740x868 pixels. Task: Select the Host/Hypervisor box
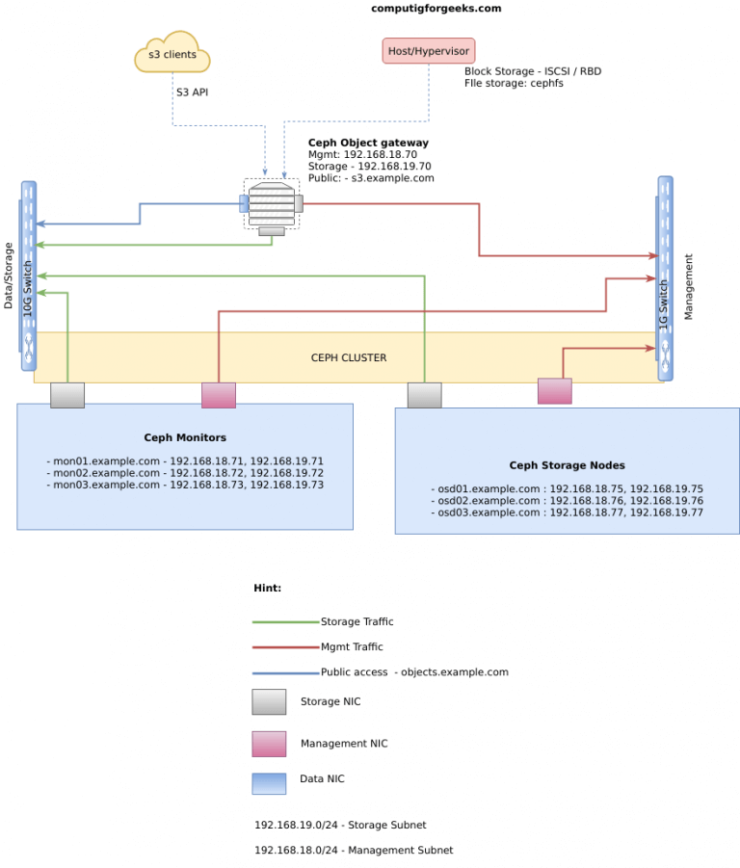coord(428,50)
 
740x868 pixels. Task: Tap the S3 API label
coord(192,92)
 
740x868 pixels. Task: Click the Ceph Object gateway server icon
coord(271,203)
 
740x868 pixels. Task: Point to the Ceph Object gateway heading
coord(368,143)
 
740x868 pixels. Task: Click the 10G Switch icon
coord(28,276)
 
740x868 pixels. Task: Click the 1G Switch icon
coord(665,277)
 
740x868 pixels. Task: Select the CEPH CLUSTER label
coord(348,357)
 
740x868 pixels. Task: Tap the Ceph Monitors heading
coord(185,437)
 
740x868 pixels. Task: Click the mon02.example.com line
coord(185,473)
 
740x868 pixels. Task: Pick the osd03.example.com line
coord(567,513)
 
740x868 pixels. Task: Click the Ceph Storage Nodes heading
coord(567,464)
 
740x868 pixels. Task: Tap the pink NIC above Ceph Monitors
coord(218,395)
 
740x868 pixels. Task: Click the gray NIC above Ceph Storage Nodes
coord(424,395)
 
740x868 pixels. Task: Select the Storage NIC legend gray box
coord(269,702)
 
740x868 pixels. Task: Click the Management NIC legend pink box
coord(269,744)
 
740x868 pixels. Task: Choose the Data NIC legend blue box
coord(269,782)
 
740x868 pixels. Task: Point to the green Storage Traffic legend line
coord(285,621)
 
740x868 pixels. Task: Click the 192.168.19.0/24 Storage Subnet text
coord(340,825)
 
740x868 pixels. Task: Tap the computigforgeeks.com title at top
coord(436,8)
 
